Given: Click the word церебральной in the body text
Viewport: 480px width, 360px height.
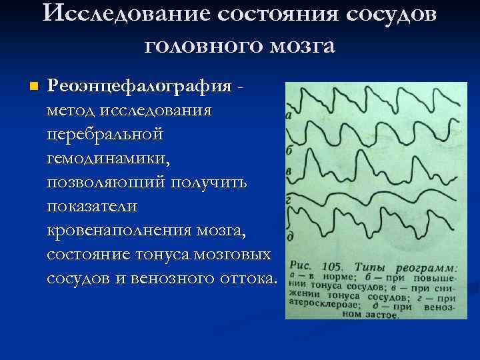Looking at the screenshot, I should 105,134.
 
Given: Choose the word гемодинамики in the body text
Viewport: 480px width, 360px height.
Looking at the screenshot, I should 109,159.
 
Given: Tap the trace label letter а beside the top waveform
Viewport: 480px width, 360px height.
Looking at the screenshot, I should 288,116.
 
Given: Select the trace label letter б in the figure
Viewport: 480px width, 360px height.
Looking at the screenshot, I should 289,151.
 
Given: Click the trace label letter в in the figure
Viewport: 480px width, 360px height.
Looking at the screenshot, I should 288,172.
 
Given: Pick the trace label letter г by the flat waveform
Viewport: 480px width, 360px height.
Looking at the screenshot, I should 288,199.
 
